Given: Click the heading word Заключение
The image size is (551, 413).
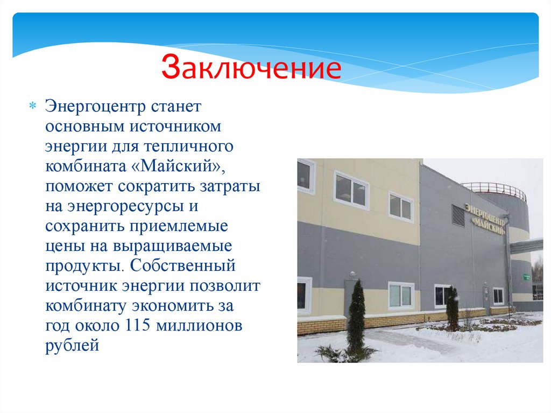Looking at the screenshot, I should [251, 69].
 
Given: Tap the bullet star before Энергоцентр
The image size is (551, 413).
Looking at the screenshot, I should [32, 106].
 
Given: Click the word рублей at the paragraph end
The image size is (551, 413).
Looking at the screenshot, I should [73, 345].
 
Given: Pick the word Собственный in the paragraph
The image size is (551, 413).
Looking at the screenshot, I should [183, 265].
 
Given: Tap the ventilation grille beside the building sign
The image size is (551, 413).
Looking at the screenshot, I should [458, 215].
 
